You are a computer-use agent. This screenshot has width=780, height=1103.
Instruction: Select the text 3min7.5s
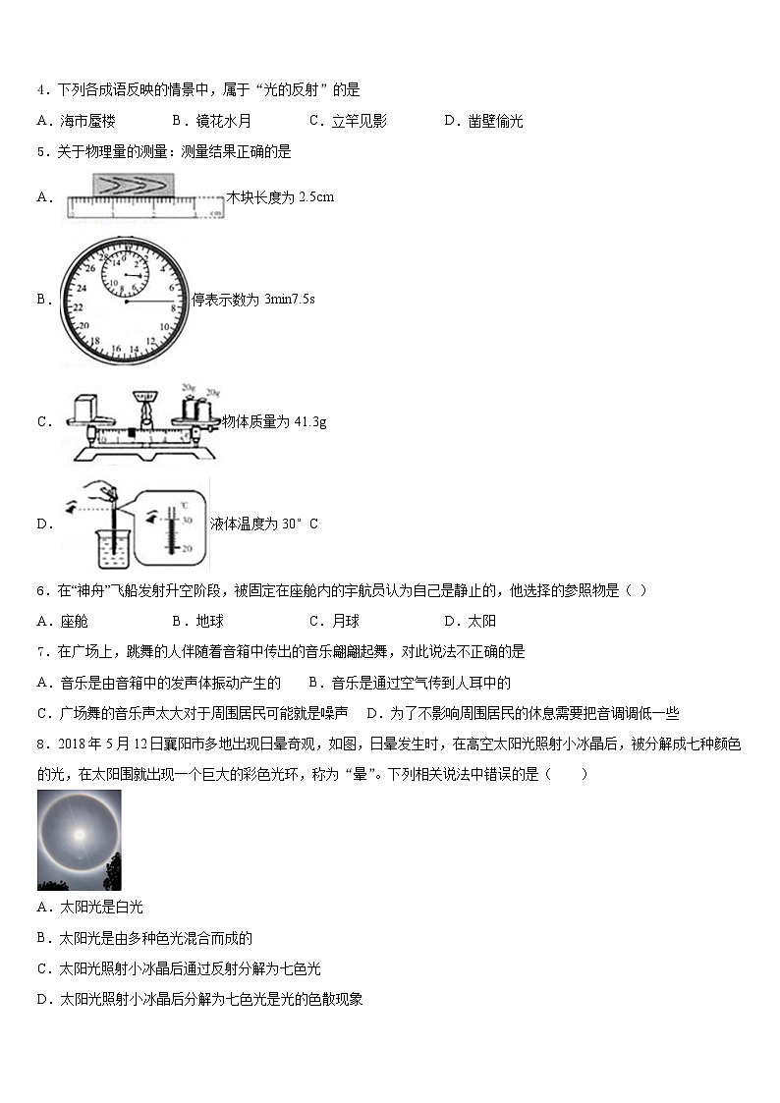pyautogui.click(x=290, y=300)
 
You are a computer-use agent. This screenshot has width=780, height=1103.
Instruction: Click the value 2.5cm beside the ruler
pyautogui.click(x=316, y=196)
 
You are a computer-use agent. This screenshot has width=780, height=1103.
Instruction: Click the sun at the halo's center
pyautogui.click(x=78, y=835)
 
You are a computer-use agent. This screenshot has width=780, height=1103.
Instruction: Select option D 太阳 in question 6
pyautogui.click(x=481, y=621)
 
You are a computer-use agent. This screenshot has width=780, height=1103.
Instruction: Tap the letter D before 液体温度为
pyautogui.click(x=43, y=524)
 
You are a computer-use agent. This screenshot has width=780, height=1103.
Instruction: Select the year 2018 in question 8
pyautogui.click(x=73, y=744)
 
